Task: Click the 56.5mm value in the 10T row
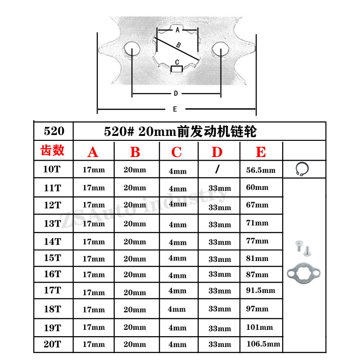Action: coord(261,171)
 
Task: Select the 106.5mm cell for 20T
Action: coord(263,344)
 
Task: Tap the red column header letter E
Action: coord(261,152)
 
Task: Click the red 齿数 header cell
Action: coord(53,150)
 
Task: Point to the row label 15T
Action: coord(52,258)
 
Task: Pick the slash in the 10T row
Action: coord(218,169)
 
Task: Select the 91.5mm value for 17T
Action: coord(261,291)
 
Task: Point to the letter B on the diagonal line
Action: coord(178,45)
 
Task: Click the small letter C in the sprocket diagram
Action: coord(177,62)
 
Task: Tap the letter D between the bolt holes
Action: coord(176,94)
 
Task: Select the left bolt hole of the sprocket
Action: coord(132,49)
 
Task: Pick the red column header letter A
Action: coord(93,153)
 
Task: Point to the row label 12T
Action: coord(52,205)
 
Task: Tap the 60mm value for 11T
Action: coord(257,187)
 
